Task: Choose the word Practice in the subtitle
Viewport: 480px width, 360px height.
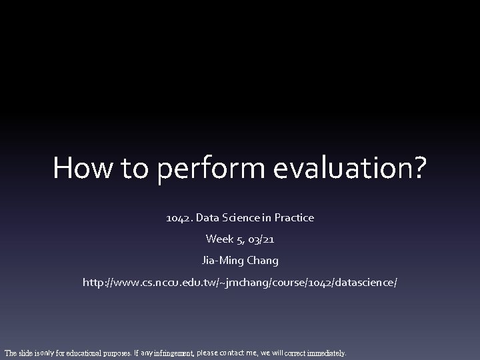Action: pos(291,217)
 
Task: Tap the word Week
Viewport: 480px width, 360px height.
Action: pos(219,239)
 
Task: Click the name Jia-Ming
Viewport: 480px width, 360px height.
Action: pos(225,261)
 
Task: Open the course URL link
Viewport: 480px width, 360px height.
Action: pos(239,283)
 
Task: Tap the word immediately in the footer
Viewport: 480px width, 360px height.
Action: pos(325,353)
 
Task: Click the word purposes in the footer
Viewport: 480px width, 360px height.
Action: pos(116,353)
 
